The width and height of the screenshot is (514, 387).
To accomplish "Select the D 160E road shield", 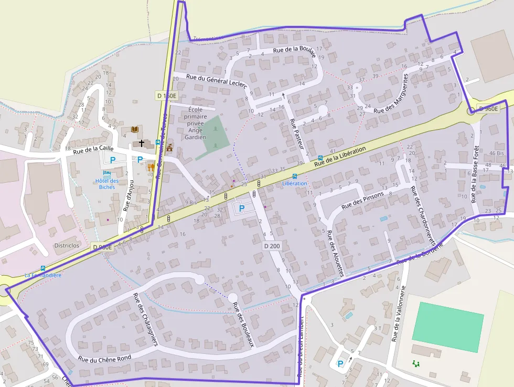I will click(167, 96).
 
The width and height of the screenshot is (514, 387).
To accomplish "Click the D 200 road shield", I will click(271, 245).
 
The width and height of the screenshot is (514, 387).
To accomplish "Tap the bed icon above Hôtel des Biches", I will click(107, 172).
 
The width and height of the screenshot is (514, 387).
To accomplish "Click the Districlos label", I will click(67, 245).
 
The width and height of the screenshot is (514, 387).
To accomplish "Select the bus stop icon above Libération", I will click(294, 176).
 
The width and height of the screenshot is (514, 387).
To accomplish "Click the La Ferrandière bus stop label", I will click(43, 275).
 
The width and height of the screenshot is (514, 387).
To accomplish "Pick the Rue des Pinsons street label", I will click(362, 200).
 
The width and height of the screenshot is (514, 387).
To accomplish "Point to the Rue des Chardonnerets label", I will click(423, 215).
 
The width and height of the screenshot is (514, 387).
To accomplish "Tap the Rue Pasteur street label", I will click(296, 135).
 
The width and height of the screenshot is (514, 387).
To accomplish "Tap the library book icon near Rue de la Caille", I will click(134, 129).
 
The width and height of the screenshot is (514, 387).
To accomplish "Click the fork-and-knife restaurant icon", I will click(152, 167).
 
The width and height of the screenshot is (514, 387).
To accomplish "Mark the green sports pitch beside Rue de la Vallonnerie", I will click(447, 327).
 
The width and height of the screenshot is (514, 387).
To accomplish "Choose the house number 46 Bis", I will click(496, 153).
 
